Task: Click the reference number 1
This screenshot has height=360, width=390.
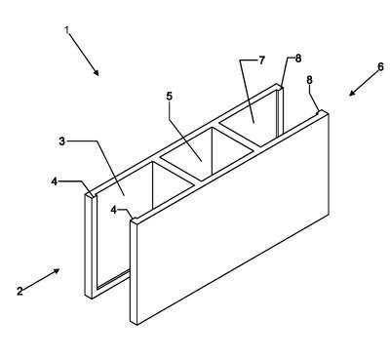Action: coord(66,30)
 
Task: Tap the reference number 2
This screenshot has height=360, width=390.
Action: coord(19,291)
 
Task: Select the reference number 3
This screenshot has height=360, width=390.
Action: coord(62,141)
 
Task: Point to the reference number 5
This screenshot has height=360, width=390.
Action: coord(170,97)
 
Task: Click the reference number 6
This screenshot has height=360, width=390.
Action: coord(380,67)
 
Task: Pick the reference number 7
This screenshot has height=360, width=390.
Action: coord(262,60)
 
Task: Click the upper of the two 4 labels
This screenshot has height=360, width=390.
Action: coord(55,181)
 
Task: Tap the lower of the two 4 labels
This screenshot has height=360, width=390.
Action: coord(113,210)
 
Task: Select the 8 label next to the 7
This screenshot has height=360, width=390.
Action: coord(298,59)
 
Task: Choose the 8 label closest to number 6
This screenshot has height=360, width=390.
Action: coord(310,80)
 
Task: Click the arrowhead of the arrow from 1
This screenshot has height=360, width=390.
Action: coord(96,72)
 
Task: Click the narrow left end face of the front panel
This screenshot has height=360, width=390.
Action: coord(134,272)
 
